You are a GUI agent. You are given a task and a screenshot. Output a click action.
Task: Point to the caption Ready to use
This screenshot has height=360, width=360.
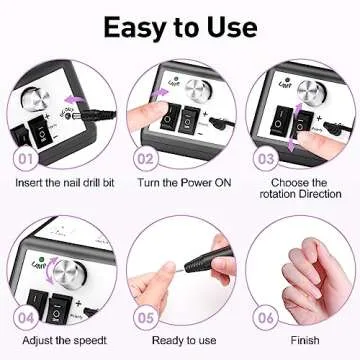coord(179,342)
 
